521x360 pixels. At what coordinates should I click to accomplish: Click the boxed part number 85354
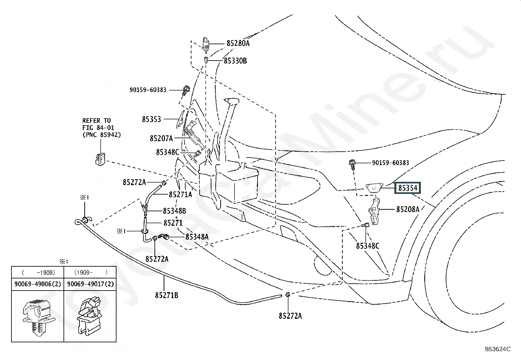click(x=407, y=188)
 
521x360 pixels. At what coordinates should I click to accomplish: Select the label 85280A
click(x=238, y=43)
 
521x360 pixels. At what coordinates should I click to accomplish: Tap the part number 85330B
click(x=235, y=61)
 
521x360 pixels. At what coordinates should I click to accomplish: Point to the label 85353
click(x=152, y=119)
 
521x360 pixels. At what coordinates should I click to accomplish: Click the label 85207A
click(x=161, y=139)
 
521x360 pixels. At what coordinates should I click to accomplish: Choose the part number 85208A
click(x=408, y=209)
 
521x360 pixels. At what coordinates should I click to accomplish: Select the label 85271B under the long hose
click(x=167, y=295)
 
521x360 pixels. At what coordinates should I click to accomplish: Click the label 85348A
click(x=197, y=237)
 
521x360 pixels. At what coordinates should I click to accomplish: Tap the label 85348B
click(x=174, y=211)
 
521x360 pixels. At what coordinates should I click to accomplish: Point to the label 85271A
click(x=181, y=195)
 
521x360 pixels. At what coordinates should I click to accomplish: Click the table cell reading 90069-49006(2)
click(x=38, y=284)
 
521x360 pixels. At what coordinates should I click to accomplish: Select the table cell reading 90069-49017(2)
click(x=90, y=284)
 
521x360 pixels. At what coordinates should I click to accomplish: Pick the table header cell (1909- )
click(x=91, y=273)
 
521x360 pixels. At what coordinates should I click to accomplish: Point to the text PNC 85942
click(x=102, y=135)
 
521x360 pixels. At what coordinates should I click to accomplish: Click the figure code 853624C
click(x=497, y=349)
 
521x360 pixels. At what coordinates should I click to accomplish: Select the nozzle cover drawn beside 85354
click(x=374, y=188)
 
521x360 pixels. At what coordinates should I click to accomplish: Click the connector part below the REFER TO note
click(x=100, y=159)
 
